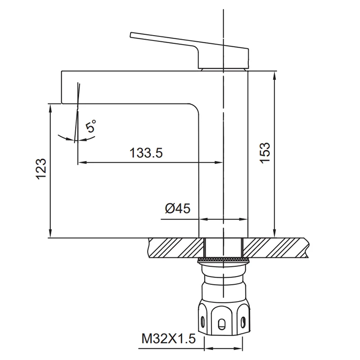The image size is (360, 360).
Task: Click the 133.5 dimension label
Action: pyautogui.click(x=146, y=153)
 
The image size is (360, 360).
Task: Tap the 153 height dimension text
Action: pyautogui.click(x=265, y=153)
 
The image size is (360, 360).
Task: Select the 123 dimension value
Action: pyautogui.click(x=41, y=169)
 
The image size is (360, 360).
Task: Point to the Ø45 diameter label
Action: pyautogui.click(x=178, y=208)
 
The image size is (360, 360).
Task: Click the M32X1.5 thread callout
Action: pyautogui.click(x=168, y=339)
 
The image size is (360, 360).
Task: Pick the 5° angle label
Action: pyautogui.click(x=90, y=126)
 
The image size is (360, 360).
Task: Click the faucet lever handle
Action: pyautogui.click(x=189, y=50)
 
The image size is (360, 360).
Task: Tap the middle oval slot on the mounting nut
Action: pyautogui.click(x=221, y=324)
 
